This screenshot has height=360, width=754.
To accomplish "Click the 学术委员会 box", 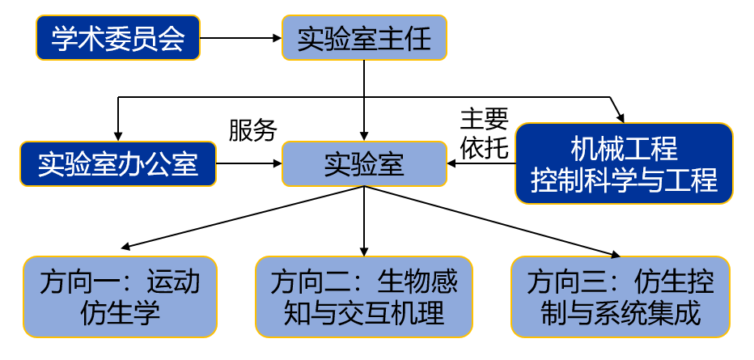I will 118,38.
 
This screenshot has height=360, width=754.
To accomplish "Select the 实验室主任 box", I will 363,38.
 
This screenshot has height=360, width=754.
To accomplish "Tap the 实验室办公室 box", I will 119,164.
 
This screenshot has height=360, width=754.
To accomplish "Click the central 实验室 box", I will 363,164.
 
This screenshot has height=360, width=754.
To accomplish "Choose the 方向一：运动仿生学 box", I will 120,296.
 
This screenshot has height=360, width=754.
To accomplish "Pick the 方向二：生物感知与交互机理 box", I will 363,296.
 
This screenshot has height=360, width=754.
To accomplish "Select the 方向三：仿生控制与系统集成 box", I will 621,296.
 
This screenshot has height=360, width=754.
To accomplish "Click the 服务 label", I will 252,129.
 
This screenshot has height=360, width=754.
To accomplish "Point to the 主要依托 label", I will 484,133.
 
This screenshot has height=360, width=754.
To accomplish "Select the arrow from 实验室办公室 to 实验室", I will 249,164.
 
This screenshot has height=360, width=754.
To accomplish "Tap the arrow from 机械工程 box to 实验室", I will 481,164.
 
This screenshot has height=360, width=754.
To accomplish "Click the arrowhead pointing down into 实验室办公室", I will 119,135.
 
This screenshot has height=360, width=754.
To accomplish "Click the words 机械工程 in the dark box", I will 623,149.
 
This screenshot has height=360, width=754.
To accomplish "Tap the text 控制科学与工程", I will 623,180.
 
